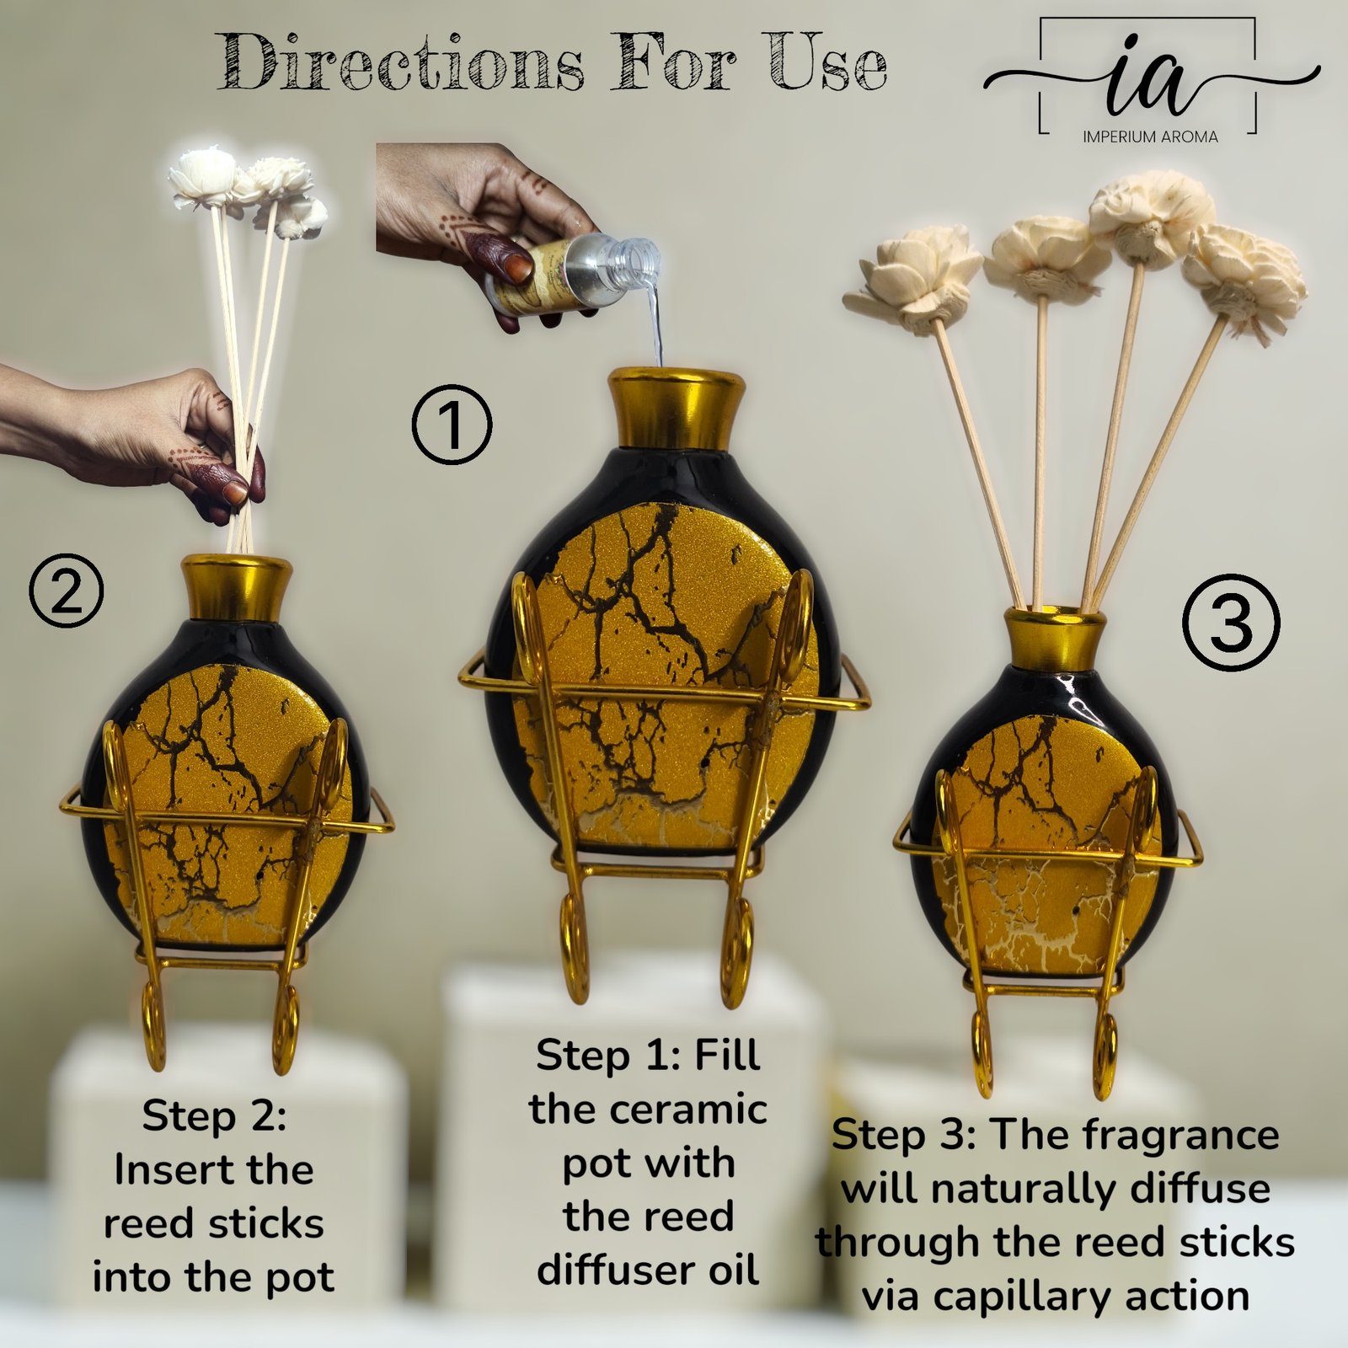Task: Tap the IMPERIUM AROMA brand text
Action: (1150, 136)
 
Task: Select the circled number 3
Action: (1232, 623)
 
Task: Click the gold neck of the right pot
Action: (1055, 636)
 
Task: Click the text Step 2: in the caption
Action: (214, 1116)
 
